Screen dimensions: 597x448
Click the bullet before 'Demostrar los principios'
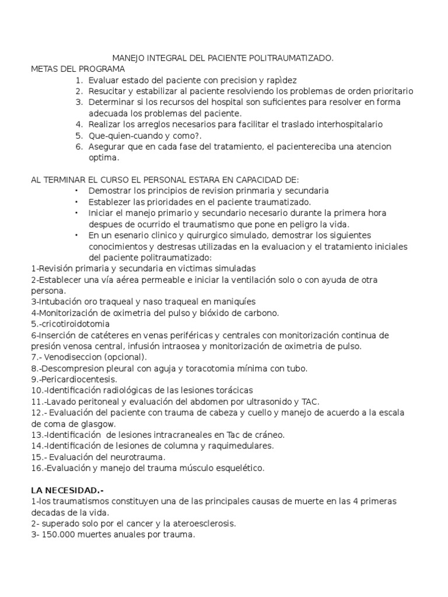coord(76,191)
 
